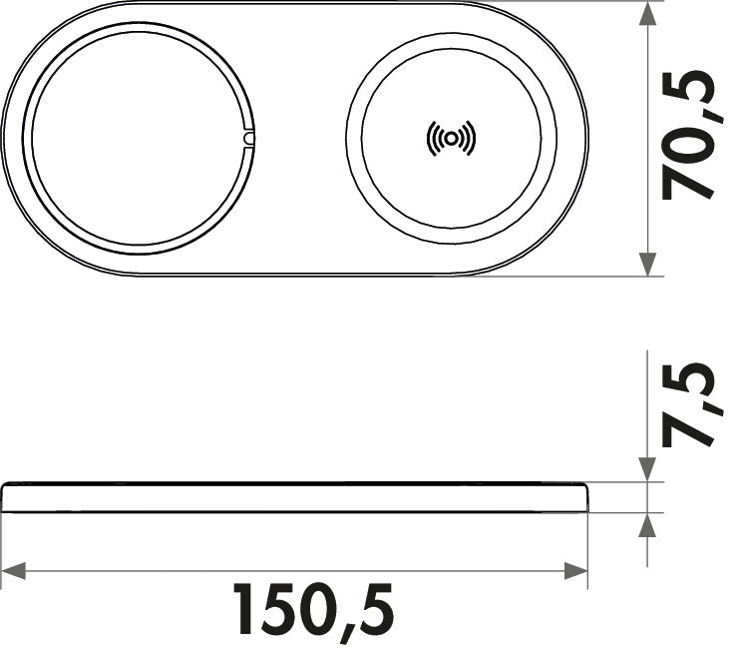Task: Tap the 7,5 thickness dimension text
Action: click(x=691, y=404)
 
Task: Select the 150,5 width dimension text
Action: click(x=314, y=609)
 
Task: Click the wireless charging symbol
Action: click(x=451, y=139)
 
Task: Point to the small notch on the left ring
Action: click(x=248, y=138)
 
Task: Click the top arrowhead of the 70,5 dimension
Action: click(x=648, y=15)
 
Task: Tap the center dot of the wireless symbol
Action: click(x=451, y=139)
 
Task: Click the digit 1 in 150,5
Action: click(x=246, y=609)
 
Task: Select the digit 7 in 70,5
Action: click(x=691, y=180)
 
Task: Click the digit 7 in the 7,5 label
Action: click(x=691, y=424)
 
